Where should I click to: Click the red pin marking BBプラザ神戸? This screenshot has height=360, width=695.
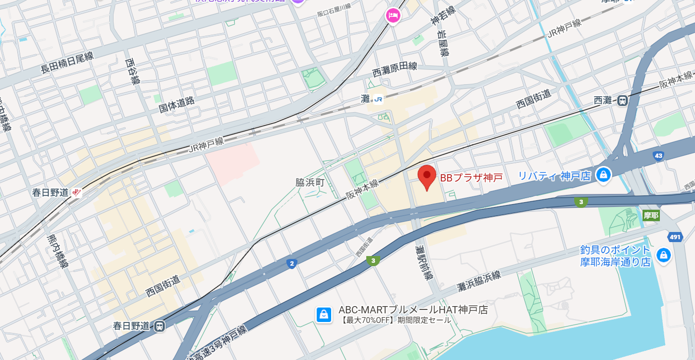coord(426,177)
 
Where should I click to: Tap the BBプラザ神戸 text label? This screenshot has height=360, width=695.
coord(471,178)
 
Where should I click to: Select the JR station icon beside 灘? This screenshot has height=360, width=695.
coord(378,100)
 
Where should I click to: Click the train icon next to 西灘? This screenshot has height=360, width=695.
coord(622,101)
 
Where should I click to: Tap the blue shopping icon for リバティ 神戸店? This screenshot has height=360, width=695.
coord(603,175)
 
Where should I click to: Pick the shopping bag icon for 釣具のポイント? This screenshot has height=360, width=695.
coord(664,256)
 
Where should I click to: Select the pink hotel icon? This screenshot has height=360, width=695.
coord(393,15)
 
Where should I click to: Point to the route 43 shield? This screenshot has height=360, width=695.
coord(658,156)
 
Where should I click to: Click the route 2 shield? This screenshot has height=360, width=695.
coord(291,263)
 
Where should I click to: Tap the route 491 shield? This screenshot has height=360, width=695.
coord(675,237)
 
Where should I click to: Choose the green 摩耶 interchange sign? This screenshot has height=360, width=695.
coord(651,215)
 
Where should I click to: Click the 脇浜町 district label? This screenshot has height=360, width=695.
coord(310,182)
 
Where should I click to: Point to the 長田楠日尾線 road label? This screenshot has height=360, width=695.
coord(67,63)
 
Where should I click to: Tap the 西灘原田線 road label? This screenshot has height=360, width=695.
coord(394,71)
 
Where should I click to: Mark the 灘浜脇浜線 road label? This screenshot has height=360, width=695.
coord(479,281)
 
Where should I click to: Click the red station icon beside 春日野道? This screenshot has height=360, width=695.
coord(76,193)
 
